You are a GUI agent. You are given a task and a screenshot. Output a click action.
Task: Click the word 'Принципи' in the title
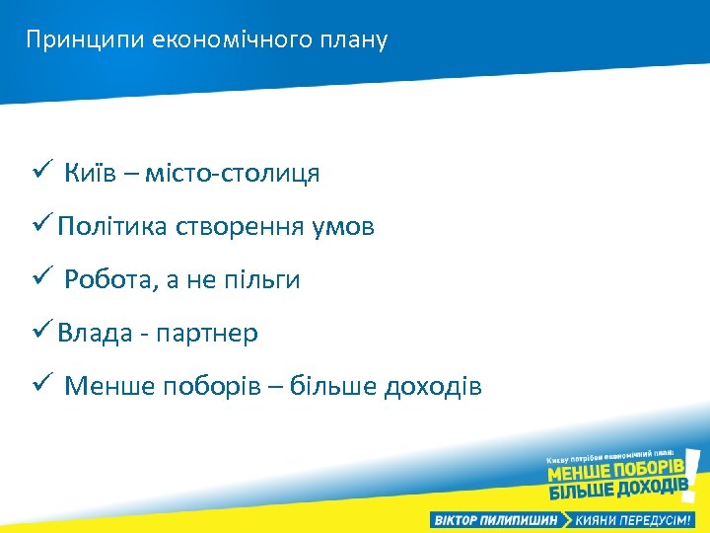point(86,40)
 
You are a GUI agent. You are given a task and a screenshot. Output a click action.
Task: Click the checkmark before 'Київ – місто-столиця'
point(39,173)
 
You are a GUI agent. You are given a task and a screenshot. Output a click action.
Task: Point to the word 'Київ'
point(91,174)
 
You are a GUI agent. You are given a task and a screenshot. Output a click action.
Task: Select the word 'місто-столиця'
point(233,174)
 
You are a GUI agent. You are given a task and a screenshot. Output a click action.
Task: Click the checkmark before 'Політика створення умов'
point(40,226)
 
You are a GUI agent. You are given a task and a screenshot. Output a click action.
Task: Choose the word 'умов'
point(342,227)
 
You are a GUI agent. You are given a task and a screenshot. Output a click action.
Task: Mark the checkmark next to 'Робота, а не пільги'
point(39,279)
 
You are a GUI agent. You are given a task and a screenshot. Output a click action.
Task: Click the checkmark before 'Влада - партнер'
point(40,333)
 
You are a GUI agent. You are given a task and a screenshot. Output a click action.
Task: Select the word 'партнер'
point(214,334)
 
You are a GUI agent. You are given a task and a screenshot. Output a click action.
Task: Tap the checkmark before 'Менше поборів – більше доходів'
point(39,385)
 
